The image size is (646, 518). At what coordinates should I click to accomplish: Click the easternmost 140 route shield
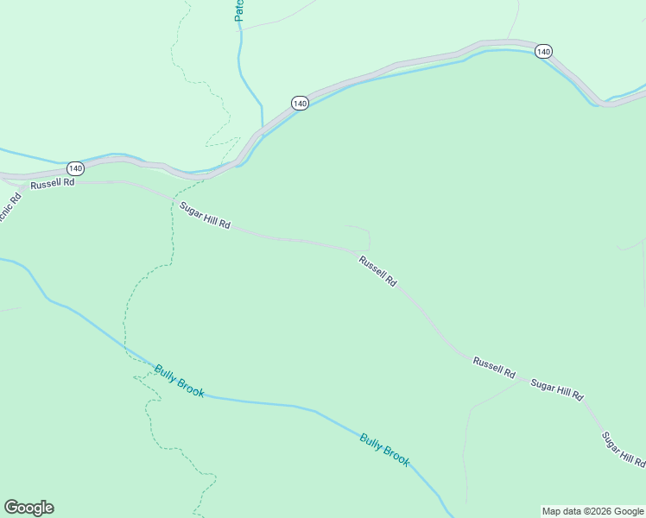[542, 52]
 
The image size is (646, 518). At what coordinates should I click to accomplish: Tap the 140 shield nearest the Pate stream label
[300, 103]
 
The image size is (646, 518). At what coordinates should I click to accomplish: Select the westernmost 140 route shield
[75, 168]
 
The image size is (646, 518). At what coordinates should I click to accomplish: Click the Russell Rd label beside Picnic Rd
[53, 184]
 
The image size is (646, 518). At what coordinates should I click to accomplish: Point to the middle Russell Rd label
[377, 270]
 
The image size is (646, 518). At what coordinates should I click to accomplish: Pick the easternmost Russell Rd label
[494, 368]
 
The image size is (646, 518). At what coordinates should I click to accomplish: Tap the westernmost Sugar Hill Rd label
[205, 215]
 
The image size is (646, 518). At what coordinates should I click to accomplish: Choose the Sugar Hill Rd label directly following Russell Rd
[556, 389]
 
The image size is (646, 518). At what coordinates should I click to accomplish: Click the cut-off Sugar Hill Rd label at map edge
[623, 450]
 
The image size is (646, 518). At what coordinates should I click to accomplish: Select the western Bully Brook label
[180, 381]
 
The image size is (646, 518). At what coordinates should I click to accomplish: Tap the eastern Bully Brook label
[384, 449]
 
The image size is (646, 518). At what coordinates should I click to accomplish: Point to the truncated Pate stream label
[240, 10]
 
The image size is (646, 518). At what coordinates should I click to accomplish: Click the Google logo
[28, 508]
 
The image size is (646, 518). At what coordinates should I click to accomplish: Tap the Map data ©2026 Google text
[592, 511]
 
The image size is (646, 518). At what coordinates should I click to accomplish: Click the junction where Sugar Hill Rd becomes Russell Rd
[356, 251]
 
